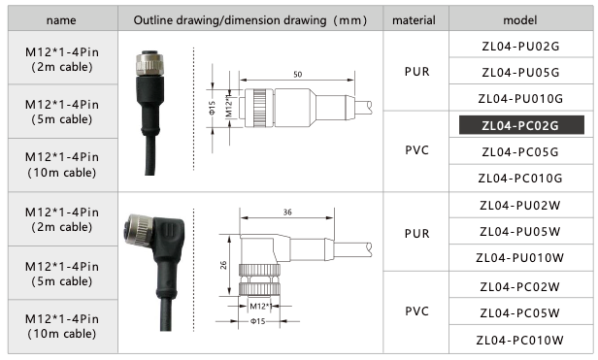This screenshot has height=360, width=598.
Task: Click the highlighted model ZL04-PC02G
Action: [520, 125]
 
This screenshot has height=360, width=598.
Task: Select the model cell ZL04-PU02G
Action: [520, 46]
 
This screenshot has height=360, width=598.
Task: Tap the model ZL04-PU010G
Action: [520, 98]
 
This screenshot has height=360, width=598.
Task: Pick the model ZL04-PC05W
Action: [520, 312]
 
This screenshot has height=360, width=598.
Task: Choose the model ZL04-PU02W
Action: [520, 206]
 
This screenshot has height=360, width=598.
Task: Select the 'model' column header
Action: [520, 19]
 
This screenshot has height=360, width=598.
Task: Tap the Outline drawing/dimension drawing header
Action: [251, 19]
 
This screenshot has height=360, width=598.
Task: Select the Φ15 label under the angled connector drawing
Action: [257, 321]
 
